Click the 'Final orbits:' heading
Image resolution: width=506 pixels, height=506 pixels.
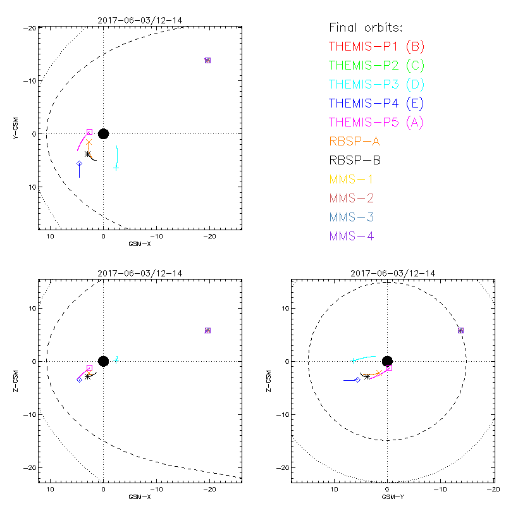[366, 27]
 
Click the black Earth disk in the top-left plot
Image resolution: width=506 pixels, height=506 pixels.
[103, 133]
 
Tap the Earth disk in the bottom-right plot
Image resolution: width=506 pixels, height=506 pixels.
[387, 361]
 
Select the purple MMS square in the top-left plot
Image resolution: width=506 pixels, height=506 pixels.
[207, 60]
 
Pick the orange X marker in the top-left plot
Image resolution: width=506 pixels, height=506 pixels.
[89, 142]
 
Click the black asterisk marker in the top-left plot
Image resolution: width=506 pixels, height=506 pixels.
[88, 154]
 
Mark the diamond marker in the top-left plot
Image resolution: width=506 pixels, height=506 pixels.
[79, 163]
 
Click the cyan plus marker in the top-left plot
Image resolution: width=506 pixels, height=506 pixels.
[116, 168]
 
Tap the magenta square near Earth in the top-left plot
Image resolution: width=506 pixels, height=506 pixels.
[89, 132]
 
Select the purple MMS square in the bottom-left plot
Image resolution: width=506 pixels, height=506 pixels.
[207, 330]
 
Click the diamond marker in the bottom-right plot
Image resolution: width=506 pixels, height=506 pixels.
[357, 379]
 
